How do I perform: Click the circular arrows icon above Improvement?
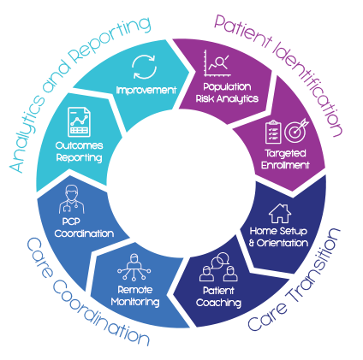click(145, 67)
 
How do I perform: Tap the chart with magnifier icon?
click(217, 63)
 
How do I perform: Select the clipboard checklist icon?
click(273, 132)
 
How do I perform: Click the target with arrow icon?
click(296, 130)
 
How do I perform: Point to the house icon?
click(280, 213)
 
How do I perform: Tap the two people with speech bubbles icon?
click(218, 267)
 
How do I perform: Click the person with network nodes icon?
click(134, 267)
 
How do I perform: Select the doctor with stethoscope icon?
click(72, 199)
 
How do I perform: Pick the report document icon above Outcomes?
click(79, 121)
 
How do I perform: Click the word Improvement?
click(146, 91)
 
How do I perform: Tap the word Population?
click(227, 86)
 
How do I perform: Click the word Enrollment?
click(285, 165)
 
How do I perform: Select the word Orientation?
click(283, 243)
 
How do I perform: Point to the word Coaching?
click(218, 303)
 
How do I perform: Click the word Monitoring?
click(135, 302)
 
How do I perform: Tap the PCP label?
click(71, 221)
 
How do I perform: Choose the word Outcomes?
click(79, 145)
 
